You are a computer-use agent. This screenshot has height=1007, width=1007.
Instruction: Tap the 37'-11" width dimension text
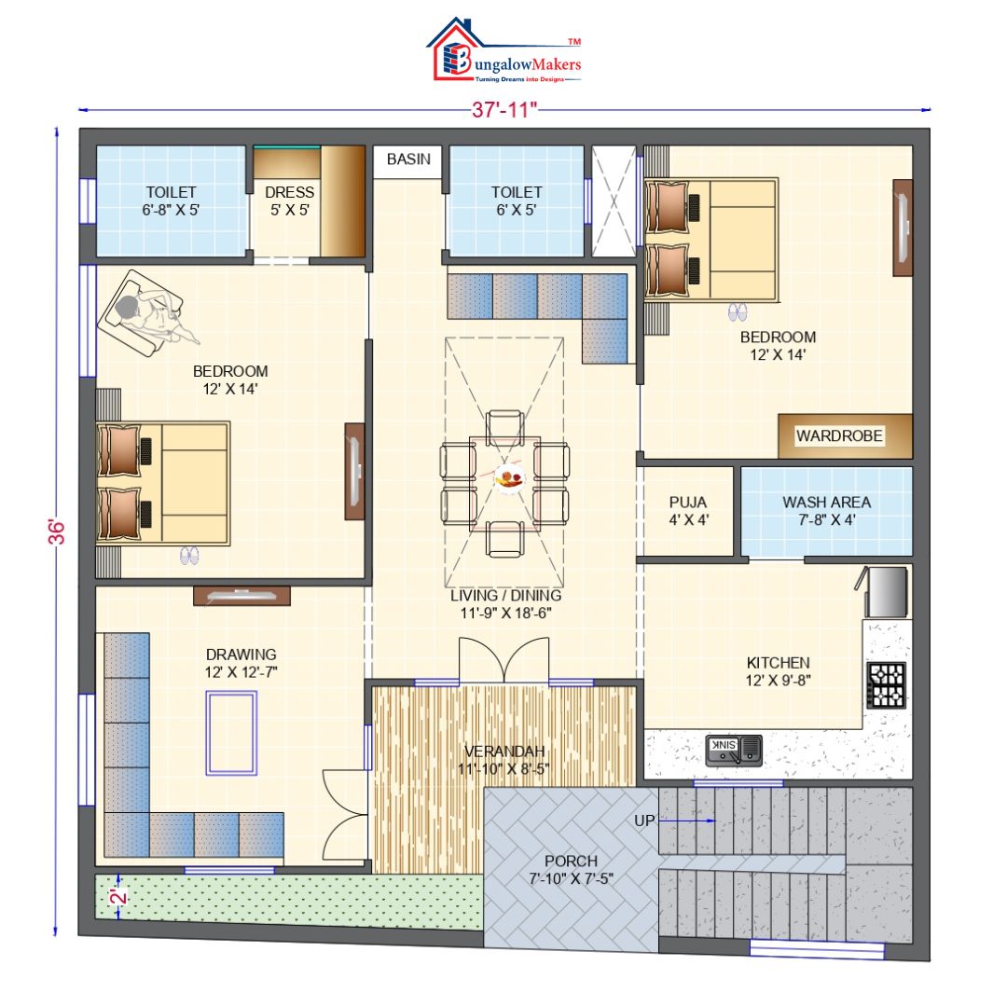click(x=504, y=110)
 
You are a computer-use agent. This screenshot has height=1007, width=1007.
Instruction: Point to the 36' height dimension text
click(x=58, y=531)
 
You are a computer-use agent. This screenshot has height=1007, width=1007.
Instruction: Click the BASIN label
click(x=408, y=159)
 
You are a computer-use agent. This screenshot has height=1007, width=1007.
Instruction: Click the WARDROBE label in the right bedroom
click(x=838, y=435)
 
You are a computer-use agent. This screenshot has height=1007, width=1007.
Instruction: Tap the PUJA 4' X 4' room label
click(x=688, y=510)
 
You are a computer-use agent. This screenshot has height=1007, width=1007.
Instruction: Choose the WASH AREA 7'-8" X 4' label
click(x=826, y=510)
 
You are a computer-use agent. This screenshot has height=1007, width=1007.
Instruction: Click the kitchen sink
click(x=734, y=748)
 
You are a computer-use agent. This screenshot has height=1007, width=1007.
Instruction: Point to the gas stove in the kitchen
click(x=887, y=684)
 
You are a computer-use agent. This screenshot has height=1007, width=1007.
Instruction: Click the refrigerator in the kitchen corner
click(x=886, y=592)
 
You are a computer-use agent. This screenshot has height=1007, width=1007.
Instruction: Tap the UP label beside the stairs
click(x=644, y=821)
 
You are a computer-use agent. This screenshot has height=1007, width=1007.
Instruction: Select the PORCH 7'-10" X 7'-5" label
click(x=572, y=869)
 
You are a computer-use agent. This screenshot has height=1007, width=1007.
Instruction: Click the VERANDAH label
click(x=504, y=760)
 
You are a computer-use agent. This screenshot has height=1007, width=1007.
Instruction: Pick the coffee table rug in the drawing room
click(x=232, y=733)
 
